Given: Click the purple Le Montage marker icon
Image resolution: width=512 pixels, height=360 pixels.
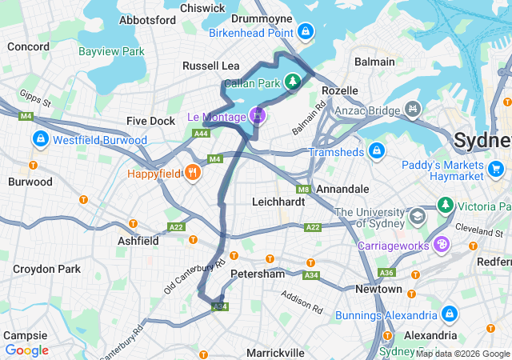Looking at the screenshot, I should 257,115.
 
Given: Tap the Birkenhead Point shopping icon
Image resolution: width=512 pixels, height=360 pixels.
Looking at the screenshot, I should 304,32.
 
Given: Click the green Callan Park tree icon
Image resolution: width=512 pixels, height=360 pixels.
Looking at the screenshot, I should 294,81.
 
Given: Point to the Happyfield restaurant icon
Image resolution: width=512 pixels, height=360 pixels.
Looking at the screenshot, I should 192,172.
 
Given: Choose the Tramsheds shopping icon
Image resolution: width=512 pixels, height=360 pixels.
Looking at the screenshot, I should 376,151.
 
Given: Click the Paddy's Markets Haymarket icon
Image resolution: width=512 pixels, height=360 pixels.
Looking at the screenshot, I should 496,168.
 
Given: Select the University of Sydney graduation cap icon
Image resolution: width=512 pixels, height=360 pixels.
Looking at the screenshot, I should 417,217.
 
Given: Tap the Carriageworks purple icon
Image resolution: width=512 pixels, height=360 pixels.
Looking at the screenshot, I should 440,244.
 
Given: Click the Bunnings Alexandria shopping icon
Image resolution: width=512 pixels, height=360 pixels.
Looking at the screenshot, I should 448,313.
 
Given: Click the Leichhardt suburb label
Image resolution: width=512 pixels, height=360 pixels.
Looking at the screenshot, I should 278,202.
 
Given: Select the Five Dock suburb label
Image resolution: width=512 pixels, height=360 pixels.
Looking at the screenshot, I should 150,121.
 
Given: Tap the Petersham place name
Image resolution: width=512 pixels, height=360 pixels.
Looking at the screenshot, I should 257,274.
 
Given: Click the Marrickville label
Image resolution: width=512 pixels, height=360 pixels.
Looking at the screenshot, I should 275,352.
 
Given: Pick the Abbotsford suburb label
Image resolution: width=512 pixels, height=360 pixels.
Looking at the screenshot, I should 146,19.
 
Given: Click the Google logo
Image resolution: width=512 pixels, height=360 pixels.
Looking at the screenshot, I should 26,350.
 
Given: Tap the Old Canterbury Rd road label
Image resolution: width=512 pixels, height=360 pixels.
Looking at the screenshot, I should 195,275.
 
